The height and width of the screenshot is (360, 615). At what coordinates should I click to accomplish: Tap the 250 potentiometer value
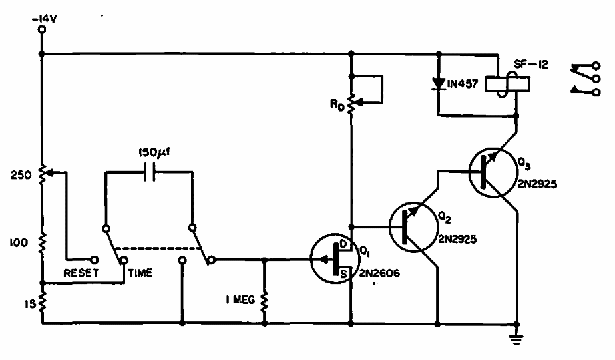20,176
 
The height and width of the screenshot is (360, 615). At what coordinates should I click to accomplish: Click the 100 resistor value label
20,243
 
